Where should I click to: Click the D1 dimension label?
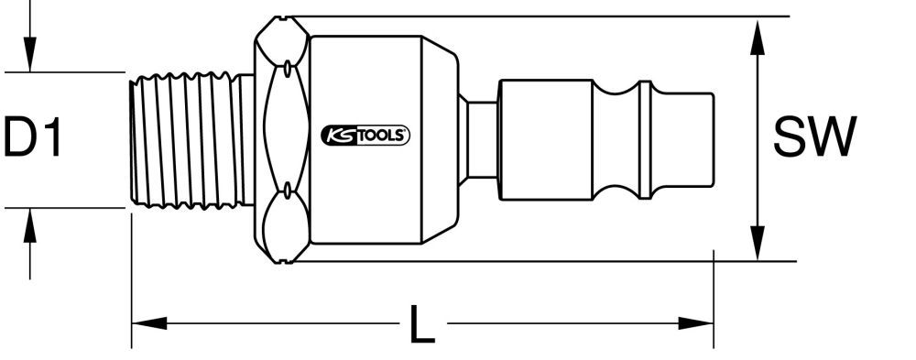[33, 139]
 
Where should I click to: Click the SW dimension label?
[813, 139]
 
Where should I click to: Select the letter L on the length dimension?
[420, 324]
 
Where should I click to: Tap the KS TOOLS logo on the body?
[365, 136]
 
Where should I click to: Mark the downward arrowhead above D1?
[30, 57]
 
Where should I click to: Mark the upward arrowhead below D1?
[30, 223]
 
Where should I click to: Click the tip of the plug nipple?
[695, 139]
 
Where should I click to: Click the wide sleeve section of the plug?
[545, 139]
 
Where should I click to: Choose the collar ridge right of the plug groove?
[644, 139]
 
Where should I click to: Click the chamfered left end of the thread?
[131, 139]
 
